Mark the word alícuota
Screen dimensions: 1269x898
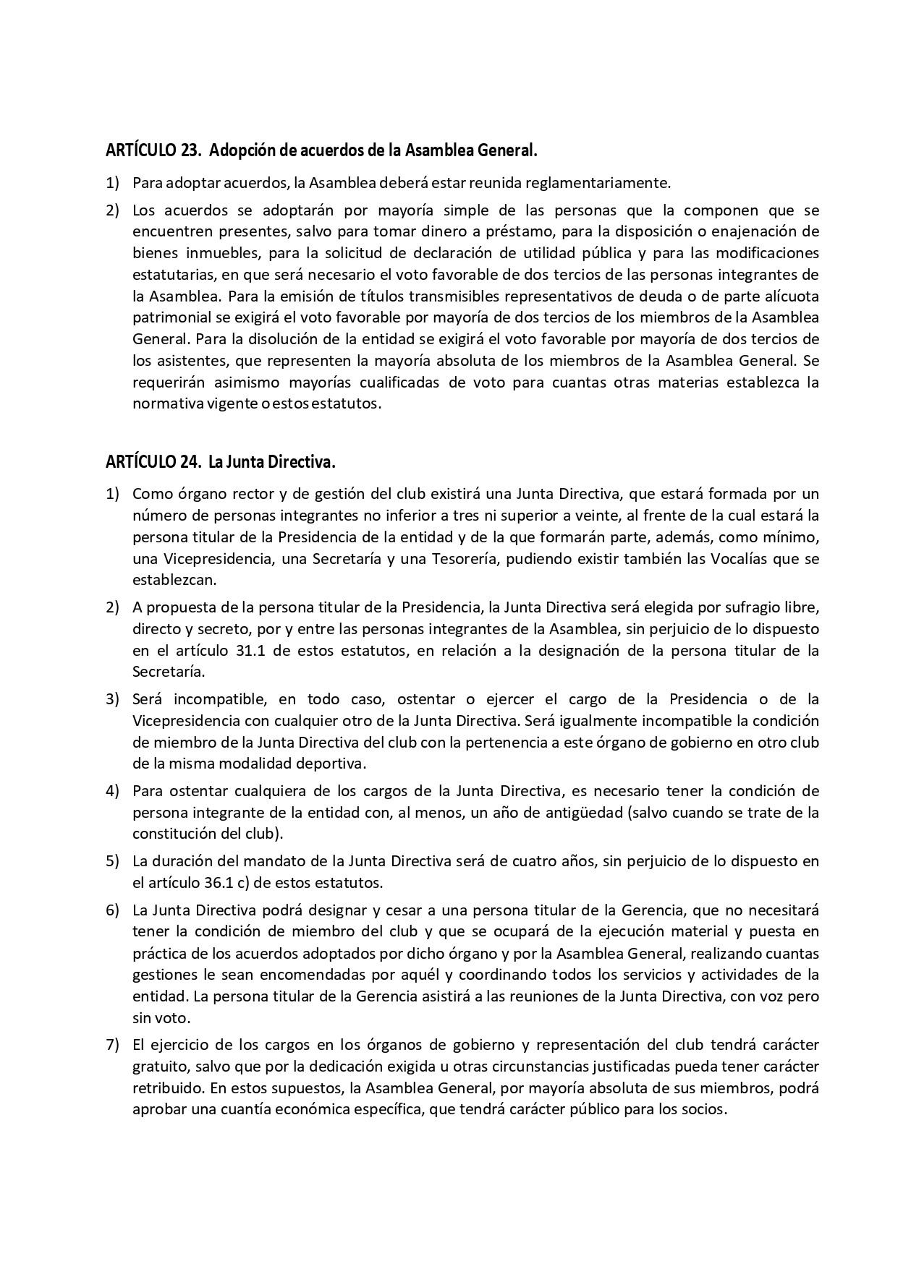pyautogui.click(x=790, y=296)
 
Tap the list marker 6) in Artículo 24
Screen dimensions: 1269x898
pyautogui.click(x=112, y=910)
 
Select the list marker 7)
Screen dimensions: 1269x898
pyautogui.click(x=112, y=1045)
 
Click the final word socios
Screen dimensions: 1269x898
pyautogui.click(x=706, y=1109)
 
